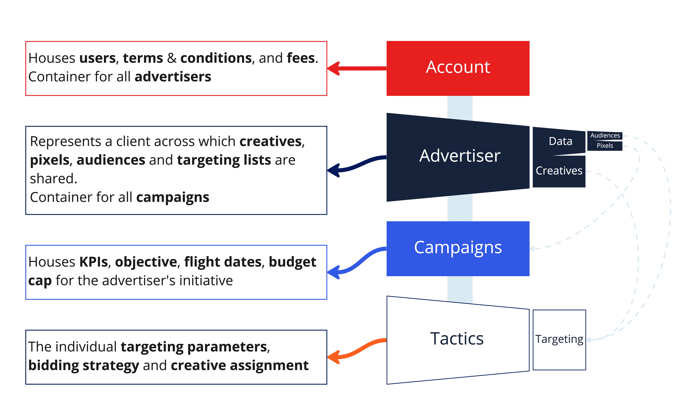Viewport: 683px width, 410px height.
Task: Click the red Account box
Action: click(458, 68)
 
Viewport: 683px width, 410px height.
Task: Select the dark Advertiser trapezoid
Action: click(458, 157)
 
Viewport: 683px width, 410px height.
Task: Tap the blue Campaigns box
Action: click(458, 249)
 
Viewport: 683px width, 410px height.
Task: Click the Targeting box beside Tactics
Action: click(559, 340)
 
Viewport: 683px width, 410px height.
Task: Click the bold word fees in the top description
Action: click(301, 58)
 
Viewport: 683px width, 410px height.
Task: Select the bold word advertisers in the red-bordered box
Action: click(173, 77)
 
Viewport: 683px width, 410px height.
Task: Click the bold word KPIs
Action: click(93, 262)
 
